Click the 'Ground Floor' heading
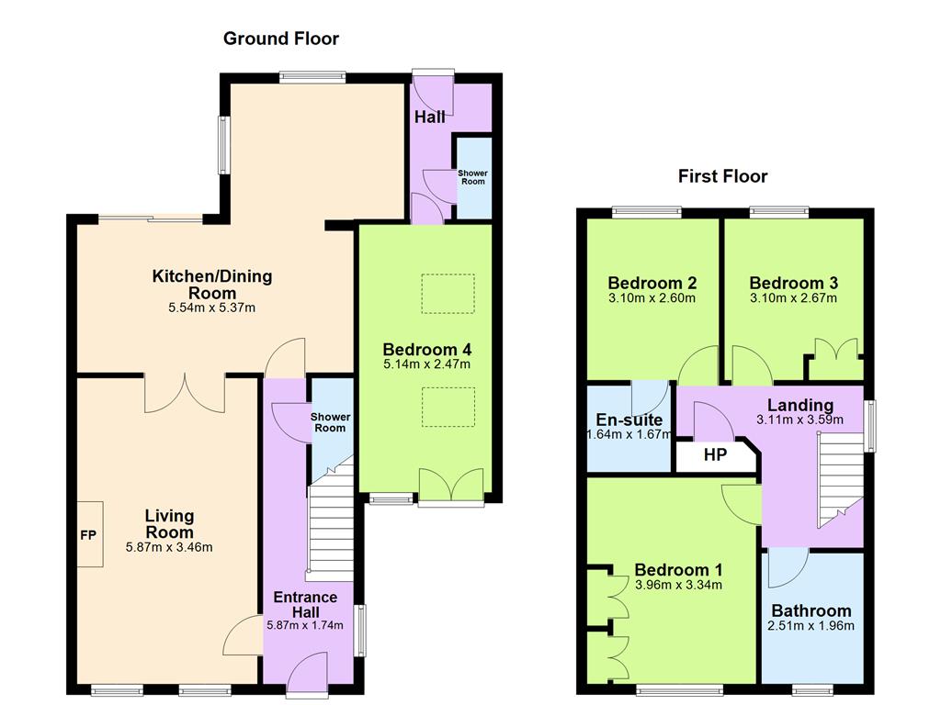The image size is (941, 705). point(281,39)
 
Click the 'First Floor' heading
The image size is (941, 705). point(722,176)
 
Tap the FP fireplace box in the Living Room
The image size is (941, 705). point(90,534)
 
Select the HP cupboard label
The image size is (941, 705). point(716,454)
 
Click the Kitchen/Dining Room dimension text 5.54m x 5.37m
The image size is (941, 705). point(211,308)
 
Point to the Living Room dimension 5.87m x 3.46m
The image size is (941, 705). point(169,548)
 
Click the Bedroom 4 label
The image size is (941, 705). point(426,350)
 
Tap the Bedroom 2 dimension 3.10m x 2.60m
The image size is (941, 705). point(652,297)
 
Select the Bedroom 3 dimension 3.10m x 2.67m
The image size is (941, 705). point(793,297)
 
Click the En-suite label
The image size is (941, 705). point(629,420)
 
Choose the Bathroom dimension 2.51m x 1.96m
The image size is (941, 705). point(811,626)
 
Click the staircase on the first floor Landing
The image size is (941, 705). point(838,477)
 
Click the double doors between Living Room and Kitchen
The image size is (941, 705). point(185,393)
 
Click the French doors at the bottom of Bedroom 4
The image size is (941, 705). point(450,487)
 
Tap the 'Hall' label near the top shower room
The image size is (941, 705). point(429,117)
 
